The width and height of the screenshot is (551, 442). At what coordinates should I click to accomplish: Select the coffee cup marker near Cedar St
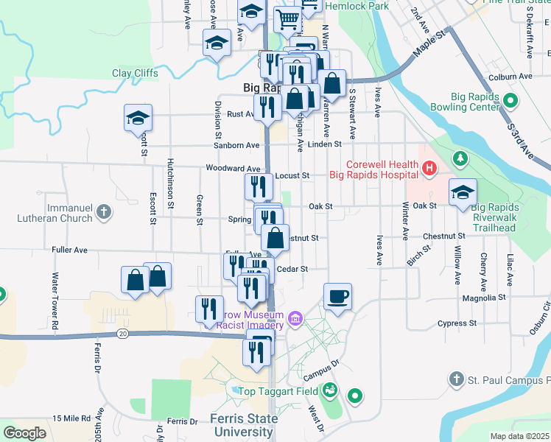pos(337,297)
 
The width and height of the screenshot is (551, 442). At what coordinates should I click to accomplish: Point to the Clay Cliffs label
pos(134,73)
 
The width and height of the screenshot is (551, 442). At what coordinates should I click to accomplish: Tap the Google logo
pos(24,432)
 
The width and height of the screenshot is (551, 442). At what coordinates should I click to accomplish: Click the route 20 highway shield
pos(122,334)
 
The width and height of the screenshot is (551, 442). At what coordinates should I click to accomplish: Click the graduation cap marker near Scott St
pos(138,119)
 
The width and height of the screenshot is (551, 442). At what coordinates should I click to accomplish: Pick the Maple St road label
pos(431,43)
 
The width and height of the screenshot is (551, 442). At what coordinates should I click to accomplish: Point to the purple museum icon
pos(295,318)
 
